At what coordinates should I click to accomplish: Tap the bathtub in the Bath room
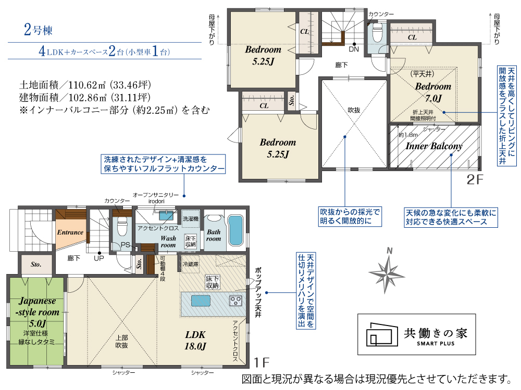(x=235, y=230)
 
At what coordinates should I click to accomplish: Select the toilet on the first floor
(x=122, y=226)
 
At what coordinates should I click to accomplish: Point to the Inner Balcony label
(x=434, y=146)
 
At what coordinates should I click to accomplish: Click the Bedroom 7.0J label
(x=433, y=92)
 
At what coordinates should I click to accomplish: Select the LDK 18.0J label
(x=195, y=340)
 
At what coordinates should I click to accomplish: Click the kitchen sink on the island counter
(x=201, y=301)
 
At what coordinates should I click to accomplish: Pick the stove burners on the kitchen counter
(x=236, y=301)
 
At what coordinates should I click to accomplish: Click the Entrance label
(x=70, y=232)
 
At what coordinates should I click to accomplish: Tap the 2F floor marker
(x=475, y=179)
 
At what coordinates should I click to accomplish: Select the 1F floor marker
(x=261, y=362)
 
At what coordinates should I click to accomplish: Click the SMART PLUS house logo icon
(x=382, y=334)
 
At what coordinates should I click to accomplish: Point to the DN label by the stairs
(x=354, y=49)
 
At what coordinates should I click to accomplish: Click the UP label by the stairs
(x=98, y=258)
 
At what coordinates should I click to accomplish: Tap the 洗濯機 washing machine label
(x=191, y=219)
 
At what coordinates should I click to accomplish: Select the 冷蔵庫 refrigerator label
(x=191, y=264)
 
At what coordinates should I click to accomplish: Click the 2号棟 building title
(x=38, y=30)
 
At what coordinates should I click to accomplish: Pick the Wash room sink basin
(x=166, y=216)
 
